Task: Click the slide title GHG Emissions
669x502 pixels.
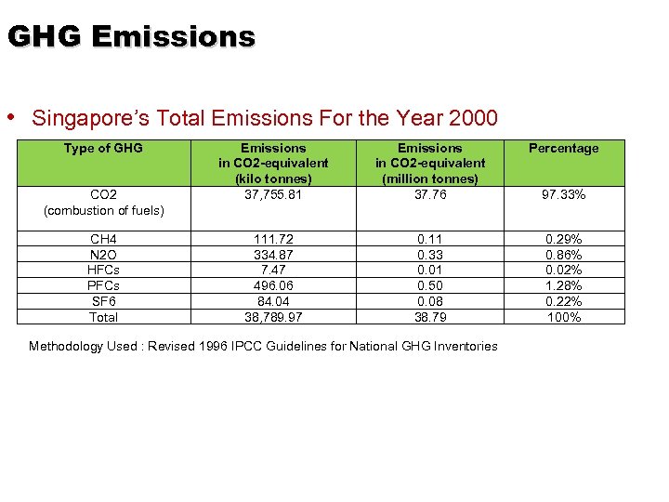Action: [x=131, y=36]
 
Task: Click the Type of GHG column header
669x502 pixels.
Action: [x=103, y=148]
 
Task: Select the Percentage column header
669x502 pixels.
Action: [x=563, y=148]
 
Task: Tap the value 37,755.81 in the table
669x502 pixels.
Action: [x=273, y=194]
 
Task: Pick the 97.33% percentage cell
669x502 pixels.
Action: [x=563, y=194]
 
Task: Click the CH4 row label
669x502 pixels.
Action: [x=103, y=240]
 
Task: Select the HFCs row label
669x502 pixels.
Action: [x=103, y=271]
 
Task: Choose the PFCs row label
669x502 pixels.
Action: [x=103, y=286]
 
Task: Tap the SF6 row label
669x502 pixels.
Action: [x=103, y=301]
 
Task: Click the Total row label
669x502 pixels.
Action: [x=103, y=317]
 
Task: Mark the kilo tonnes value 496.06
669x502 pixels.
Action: [x=273, y=286]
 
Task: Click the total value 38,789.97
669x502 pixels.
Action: [x=273, y=317]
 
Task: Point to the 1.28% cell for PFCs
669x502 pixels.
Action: [x=563, y=286]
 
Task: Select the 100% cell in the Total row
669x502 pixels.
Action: [x=563, y=317]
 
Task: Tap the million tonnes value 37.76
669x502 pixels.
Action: [x=430, y=194]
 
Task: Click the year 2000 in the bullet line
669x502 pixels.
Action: [x=474, y=119]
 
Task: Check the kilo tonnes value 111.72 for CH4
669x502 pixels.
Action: [x=273, y=240]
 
